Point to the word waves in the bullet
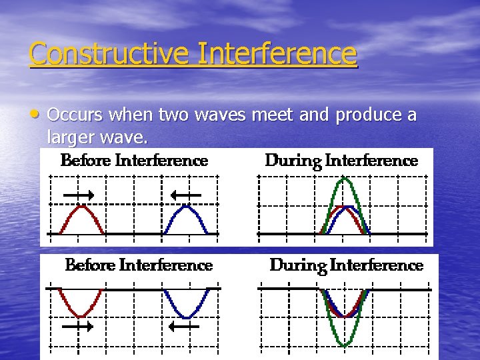(x=217, y=115)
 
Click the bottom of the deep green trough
(x=344, y=344)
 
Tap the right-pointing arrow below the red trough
(x=81, y=327)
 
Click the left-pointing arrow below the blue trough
(x=185, y=327)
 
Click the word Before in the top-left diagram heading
(x=86, y=161)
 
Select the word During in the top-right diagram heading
(x=289, y=161)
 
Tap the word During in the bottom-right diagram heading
(x=294, y=265)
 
